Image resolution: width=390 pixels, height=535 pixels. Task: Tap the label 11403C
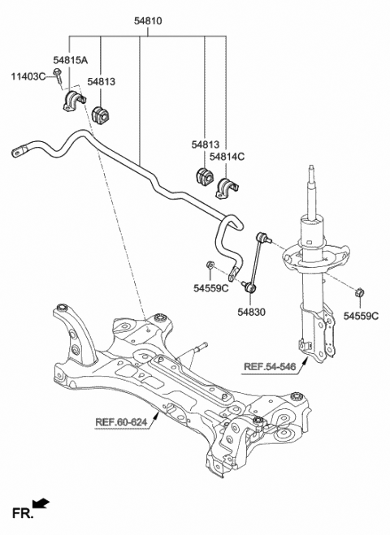tap(28, 76)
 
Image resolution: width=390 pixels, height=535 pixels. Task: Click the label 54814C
tap(227, 156)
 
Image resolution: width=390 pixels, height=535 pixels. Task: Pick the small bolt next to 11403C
tap(59, 76)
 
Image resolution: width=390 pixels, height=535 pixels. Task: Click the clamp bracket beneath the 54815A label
tap(72, 103)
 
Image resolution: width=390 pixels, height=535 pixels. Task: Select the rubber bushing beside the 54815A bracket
tap(102, 114)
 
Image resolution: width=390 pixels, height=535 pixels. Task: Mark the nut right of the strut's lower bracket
tap(359, 291)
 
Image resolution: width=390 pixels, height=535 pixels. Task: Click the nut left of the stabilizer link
tap(210, 265)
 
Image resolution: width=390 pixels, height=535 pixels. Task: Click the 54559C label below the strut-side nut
tap(361, 315)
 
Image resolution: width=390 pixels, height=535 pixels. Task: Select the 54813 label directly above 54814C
tap(209, 142)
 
